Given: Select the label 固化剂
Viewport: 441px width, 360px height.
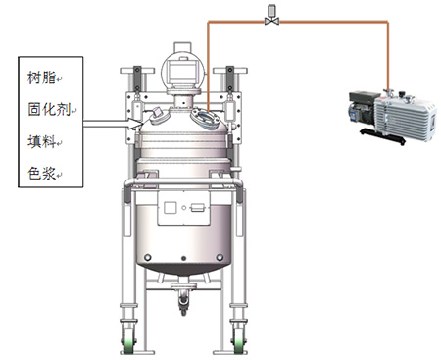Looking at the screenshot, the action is [49, 109].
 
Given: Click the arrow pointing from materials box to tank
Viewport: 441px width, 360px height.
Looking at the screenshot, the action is [113, 124].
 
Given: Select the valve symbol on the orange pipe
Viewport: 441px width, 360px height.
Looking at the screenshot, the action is [271, 16].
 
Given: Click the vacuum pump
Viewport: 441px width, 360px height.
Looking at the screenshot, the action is [393, 117].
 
